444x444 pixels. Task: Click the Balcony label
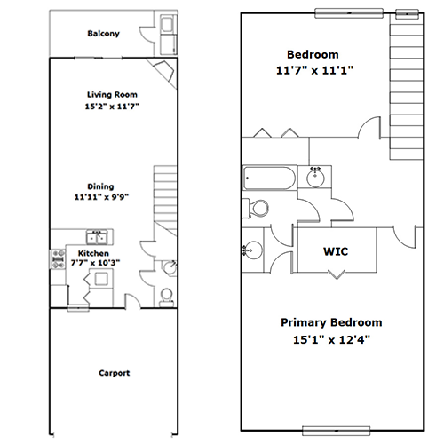tap(103, 34)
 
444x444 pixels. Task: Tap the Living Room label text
tap(112, 95)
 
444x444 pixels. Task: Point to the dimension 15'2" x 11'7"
tap(112, 106)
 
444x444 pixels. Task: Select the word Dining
tap(100, 186)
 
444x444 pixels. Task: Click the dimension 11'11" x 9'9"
tap(101, 197)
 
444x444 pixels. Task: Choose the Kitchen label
tap(93, 253)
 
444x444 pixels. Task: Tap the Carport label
tap(115, 373)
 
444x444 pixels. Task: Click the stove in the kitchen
tap(58, 259)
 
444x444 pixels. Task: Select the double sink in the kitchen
tap(97, 237)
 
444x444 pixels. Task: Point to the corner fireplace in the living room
tap(164, 71)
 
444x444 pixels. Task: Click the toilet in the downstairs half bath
tap(166, 297)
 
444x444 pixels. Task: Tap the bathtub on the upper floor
tap(270, 178)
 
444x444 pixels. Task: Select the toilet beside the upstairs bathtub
tap(256, 208)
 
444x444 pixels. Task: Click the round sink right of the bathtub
tap(315, 178)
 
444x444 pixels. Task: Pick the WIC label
tap(336, 251)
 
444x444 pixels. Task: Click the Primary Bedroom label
tap(331, 322)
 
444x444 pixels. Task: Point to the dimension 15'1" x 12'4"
tap(331, 339)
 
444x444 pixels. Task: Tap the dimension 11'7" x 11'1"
tap(314, 70)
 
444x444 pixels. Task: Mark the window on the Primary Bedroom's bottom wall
tap(337, 431)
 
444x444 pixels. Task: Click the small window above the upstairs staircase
tap(407, 13)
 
